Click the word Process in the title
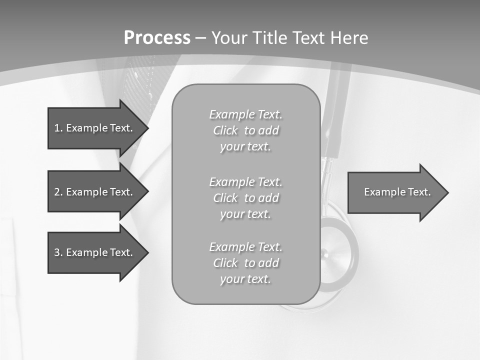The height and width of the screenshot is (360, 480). tap(157, 38)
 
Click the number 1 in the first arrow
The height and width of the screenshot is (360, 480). tap(57, 128)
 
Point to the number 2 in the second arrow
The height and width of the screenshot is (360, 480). tap(57, 192)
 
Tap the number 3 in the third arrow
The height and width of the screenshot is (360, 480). tap(57, 252)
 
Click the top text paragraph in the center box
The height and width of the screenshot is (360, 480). tap(245, 130)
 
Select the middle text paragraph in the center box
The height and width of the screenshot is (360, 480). tap(245, 198)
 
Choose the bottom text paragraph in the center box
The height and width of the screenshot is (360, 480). tap(245, 263)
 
